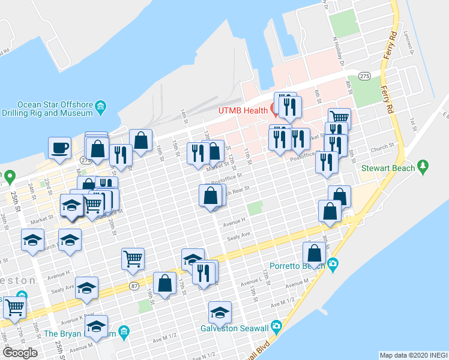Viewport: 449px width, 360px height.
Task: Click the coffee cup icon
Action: coord(60,148)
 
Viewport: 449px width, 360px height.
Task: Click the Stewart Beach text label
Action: coord(388,168)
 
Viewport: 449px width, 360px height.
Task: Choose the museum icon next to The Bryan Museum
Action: coord(124,332)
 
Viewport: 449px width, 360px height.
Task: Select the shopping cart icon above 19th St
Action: coord(133,259)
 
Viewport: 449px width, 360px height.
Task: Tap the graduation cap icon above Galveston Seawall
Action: coord(220,312)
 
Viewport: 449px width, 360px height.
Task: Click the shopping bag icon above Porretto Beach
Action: coord(314,253)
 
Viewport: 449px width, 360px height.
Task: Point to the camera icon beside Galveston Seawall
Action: coord(276,326)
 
